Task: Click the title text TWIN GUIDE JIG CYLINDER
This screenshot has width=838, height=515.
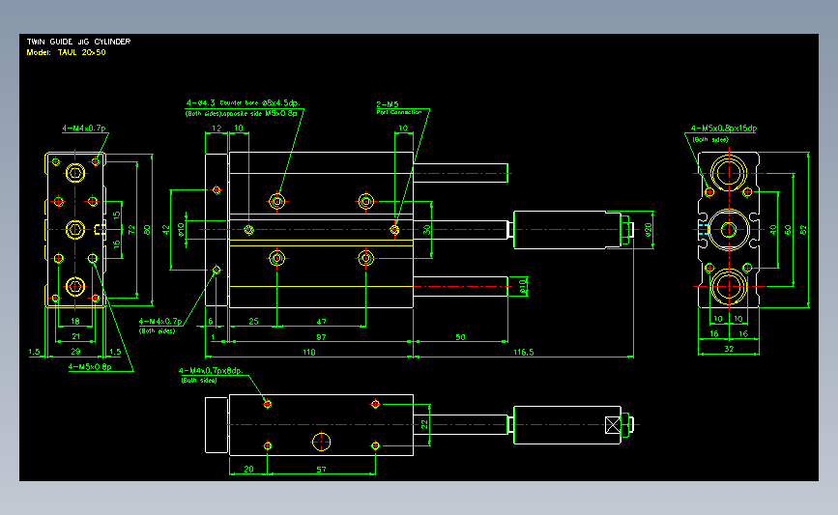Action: pyautogui.click(x=78, y=43)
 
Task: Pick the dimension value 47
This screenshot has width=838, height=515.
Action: pyautogui.click(x=321, y=320)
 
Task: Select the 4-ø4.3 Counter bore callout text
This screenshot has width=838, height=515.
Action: pyautogui.click(x=244, y=100)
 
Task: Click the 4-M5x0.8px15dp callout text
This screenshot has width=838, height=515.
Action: pyautogui.click(x=723, y=128)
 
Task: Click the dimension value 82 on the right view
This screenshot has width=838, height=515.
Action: pyautogui.click(x=802, y=229)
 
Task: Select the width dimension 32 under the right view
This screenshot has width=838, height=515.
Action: pyautogui.click(x=727, y=348)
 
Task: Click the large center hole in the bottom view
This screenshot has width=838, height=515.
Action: pyautogui.click(x=322, y=441)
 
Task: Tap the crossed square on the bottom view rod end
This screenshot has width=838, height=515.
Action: pyautogui.click(x=612, y=423)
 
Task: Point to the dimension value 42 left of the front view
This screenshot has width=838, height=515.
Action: pyautogui.click(x=166, y=229)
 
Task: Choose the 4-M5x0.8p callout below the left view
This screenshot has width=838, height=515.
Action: pyautogui.click(x=89, y=367)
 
